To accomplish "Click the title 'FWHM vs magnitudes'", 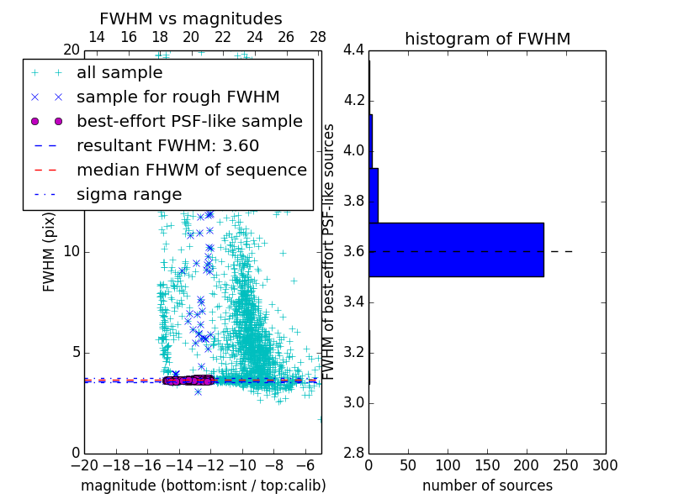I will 190,18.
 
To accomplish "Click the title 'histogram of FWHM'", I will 487,39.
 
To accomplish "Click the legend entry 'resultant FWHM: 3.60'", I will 167,145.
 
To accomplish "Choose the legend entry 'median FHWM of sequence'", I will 191,170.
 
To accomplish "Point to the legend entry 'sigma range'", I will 129,194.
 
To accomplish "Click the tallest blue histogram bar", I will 456,249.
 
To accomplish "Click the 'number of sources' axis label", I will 487,486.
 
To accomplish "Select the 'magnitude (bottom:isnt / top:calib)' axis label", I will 203,486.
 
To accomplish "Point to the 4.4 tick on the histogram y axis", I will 353,50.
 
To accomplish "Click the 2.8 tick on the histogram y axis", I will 353,453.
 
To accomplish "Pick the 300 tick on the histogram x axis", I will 605,465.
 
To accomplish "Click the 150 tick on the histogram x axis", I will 487,465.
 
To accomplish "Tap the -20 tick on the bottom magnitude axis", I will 84,465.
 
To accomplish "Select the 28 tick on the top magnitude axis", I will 318,37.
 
